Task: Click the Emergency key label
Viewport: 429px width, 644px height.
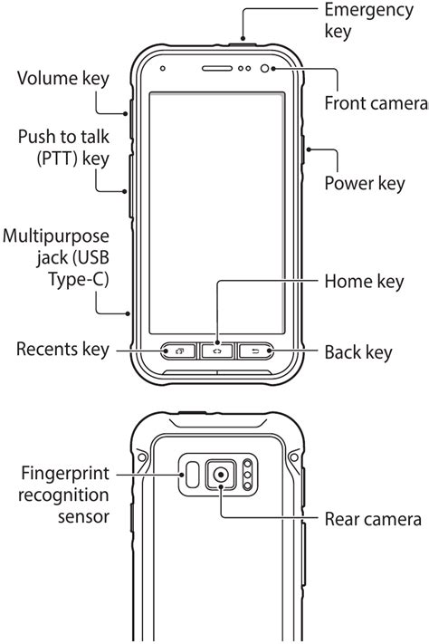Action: click(368, 21)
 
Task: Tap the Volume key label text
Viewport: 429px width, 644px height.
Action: click(63, 79)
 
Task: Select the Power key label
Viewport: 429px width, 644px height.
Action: click(365, 183)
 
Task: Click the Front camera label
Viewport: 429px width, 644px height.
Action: click(377, 103)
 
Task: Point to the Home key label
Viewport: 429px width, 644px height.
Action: click(364, 282)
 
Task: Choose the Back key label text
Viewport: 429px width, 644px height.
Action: click(358, 352)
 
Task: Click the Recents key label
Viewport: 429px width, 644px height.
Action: click(62, 349)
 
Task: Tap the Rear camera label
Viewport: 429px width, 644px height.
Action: click(373, 519)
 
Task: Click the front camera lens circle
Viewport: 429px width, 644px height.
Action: click(265, 68)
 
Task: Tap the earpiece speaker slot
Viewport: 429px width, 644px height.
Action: click(217, 68)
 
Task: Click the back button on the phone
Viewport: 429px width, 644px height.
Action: click(255, 351)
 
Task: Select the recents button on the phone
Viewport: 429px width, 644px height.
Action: click(178, 351)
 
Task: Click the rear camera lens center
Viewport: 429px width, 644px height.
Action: click(221, 475)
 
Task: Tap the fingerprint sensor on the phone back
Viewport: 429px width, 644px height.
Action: click(192, 475)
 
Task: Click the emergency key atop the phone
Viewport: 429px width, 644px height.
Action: click(243, 43)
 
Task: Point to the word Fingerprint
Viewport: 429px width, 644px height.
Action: click(65, 474)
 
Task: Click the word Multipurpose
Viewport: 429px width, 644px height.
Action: click(56, 237)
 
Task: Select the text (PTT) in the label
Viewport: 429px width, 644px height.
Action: click(57, 159)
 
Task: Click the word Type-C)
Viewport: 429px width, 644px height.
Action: click(79, 280)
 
